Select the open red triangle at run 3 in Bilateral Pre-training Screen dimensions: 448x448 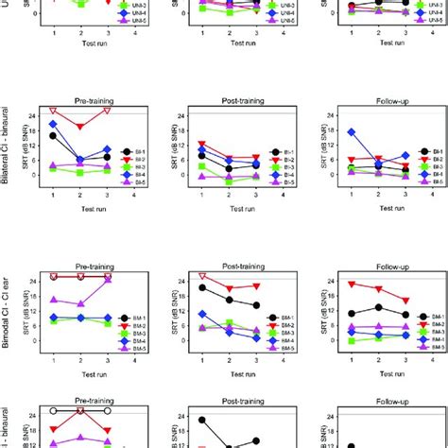click(x=108, y=111)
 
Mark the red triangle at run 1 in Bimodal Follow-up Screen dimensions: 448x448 click(x=351, y=284)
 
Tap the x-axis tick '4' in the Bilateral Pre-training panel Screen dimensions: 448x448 click(x=134, y=194)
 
